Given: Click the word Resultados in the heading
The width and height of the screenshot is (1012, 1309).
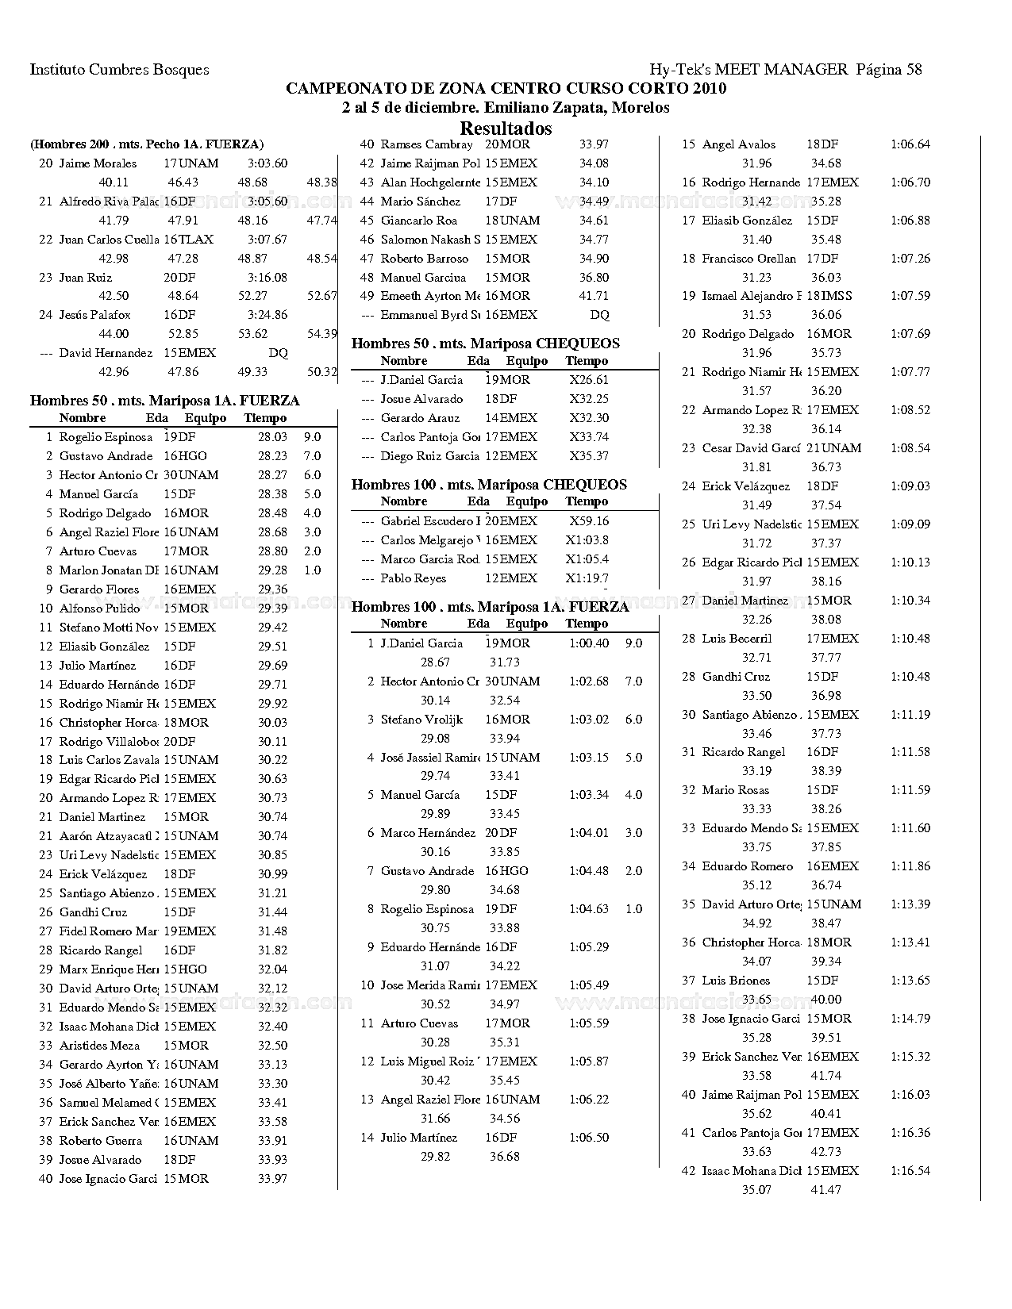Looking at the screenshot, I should point(506,129).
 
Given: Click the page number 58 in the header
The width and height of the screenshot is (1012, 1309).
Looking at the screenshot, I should point(913,69).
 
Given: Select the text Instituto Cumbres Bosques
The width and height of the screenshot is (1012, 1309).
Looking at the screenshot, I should point(119,69).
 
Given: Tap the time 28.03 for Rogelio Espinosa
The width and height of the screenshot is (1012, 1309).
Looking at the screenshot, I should point(272,437).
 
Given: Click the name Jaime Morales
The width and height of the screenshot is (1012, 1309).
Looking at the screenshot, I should point(98,163).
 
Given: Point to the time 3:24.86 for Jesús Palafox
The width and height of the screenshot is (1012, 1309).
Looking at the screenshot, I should point(267,315).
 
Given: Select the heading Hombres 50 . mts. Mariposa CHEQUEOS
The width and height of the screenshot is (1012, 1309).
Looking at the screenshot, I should point(485,344).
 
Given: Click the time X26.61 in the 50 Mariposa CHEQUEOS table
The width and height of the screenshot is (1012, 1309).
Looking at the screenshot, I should point(588,380).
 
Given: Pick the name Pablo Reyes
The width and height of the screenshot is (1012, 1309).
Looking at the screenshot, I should point(413,578).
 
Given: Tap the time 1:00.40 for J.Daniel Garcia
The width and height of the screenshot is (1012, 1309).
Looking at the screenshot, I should point(588,643).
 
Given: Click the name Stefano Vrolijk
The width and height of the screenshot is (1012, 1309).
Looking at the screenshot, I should point(421,720).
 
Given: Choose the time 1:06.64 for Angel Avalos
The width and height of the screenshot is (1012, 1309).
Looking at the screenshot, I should point(910,144).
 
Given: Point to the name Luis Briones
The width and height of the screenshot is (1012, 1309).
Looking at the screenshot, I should point(736,981).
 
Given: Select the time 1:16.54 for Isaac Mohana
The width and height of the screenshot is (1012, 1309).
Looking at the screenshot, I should point(910,1171).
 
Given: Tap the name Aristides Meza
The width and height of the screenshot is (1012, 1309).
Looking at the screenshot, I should point(99,1046).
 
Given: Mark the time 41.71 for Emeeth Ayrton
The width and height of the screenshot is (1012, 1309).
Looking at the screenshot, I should point(594,296).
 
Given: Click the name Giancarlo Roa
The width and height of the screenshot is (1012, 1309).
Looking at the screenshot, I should point(418,221).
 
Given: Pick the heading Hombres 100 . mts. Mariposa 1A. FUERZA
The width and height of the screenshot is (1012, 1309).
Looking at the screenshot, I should point(490,607).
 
